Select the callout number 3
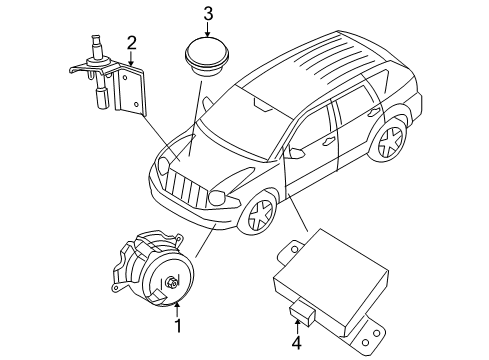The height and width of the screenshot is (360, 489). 207,13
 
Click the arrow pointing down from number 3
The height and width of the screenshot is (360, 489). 207,29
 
